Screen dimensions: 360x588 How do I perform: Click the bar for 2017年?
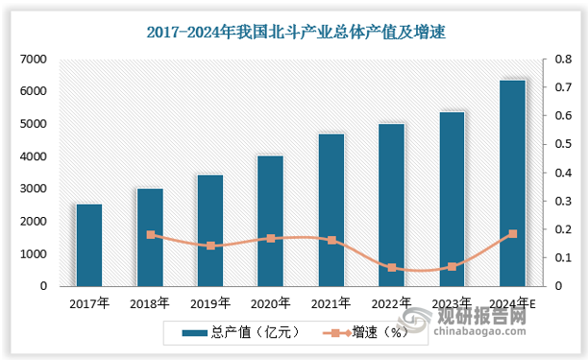coord(89,245)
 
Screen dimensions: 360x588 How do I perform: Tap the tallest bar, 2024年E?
coord(512,182)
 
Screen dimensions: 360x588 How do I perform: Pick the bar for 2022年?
coord(391,204)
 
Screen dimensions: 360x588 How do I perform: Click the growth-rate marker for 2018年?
coord(150,234)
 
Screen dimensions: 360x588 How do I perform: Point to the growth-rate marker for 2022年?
coord(391,268)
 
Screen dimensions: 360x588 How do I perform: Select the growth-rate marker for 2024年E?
coord(512,233)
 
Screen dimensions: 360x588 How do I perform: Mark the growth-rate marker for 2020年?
coord(270,238)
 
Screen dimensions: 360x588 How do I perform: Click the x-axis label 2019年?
coord(210,303)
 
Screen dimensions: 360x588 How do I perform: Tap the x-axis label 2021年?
coord(331,303)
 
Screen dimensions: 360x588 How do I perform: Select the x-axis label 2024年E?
coord(512,303)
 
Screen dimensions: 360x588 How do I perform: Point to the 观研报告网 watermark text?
coord(518,313)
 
